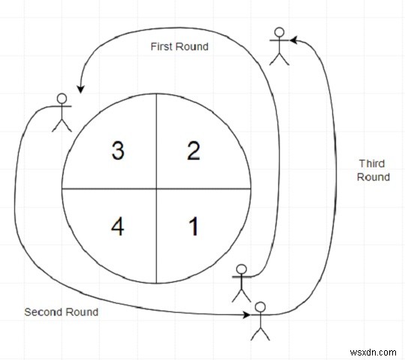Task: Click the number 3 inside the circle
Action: coord(118,151)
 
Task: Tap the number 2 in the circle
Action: coord(193,151)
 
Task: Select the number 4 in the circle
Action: coord(118,226)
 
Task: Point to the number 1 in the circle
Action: coord(193,226)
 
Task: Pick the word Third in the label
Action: coord(372,163)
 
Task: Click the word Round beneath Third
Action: coord(373,177)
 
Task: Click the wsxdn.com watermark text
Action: coord(373,352)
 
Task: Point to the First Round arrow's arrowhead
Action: coord(80,89)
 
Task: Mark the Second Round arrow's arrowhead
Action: coord(247,315)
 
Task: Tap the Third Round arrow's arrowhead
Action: coord(293,40)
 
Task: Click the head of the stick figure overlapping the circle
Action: coord(241,269)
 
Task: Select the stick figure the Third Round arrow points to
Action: coord(279,46)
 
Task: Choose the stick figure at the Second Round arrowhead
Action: coord(260,321)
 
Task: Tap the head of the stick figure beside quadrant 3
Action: coord(61,98)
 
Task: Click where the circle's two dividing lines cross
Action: coord(156,189)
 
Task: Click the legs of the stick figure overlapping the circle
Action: coord(241,295)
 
